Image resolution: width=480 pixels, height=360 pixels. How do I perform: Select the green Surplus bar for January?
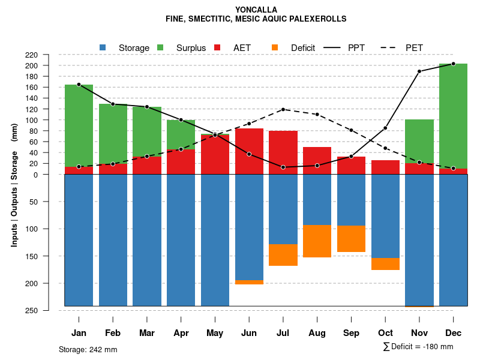(79, 125)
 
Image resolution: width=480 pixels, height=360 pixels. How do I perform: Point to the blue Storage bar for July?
(283, 209)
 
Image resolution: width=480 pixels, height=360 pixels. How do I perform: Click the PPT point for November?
(419, 71)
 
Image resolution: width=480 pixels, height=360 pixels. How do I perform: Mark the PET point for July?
(283, 109)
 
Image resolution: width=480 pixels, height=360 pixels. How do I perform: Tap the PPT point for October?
(385, 128)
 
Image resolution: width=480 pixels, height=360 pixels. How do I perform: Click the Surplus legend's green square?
(160, 47)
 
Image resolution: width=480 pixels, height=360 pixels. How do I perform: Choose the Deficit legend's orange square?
(275, 47)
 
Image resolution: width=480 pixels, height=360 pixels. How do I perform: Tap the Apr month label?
(181, 333)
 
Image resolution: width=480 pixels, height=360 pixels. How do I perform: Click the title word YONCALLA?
(256, 10)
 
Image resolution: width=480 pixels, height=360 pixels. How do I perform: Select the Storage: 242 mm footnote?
(88, 349)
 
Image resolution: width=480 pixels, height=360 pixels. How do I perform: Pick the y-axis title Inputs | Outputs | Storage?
(14, 180)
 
